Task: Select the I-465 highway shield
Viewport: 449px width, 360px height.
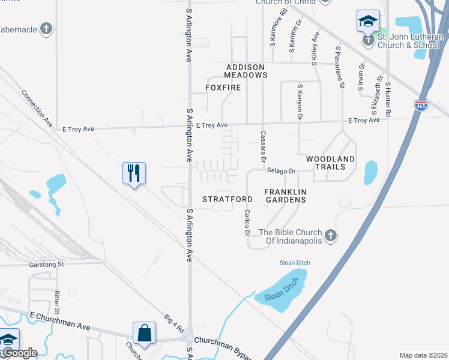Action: (421, 106)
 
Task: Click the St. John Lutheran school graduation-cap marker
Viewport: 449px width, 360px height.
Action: (367, 22)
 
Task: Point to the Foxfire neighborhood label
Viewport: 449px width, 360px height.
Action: (223, 88)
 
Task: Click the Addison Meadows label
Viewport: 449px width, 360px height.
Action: (246, 71)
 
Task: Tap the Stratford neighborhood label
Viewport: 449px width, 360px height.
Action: (227, 199)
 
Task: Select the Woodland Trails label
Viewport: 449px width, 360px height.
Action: (330, 163)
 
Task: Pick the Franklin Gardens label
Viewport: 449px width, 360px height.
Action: (286, 195)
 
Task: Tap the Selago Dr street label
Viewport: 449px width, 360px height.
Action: (283, 171)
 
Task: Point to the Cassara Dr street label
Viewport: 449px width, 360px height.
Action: (262, 146)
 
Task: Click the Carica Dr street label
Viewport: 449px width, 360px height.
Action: (246, 223)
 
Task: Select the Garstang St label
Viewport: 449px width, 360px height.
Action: (46, 263)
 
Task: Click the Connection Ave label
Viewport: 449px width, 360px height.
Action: (37, 108)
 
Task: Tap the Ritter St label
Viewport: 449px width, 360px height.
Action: (57, 302)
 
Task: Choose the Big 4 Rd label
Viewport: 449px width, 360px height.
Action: (175, 323)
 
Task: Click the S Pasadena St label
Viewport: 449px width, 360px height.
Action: (340, 67)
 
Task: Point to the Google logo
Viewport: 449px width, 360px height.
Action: (19, 353)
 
